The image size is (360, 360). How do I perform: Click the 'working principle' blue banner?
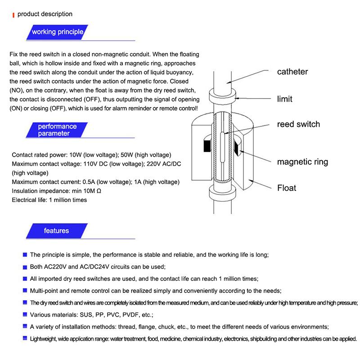click(x=57, y=31)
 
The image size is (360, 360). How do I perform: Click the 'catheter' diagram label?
click(x=292, y=72)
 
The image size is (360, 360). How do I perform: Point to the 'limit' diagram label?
click(x=284, y=99)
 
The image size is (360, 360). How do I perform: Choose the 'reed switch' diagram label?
click(x=298, y=124)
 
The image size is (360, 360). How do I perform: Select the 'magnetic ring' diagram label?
click(x=302, y=162)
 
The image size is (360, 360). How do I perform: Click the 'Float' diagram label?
click(x=287, y=188)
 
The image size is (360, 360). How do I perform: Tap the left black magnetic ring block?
click(x=207, y=147)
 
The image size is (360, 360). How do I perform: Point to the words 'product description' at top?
click(x=45, y=14)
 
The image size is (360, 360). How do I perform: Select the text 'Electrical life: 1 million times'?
click(x=49, y=200)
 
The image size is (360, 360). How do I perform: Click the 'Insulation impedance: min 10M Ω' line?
click(x=57, y=191)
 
